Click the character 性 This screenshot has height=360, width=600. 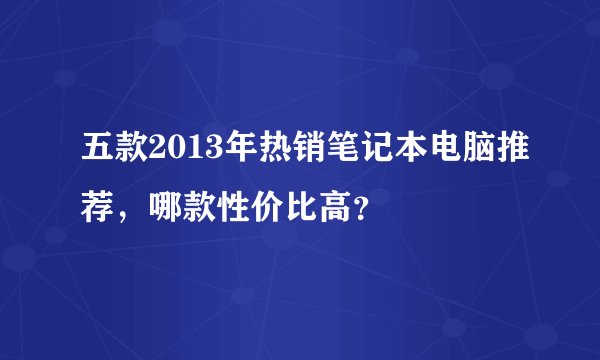(x=223, y=206)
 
